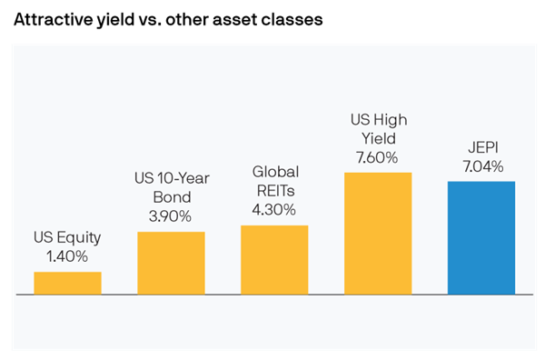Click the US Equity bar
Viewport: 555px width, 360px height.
(67, 283)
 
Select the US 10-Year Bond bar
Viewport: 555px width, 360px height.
(171, 263)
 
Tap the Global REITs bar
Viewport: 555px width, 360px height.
(274, 259)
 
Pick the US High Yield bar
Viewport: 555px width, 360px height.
(378, 233)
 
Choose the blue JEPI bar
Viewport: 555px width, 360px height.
(481, 237)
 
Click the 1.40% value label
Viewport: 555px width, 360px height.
(67, 256)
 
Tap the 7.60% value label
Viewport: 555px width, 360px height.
(378, 156)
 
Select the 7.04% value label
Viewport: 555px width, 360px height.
(481, 166)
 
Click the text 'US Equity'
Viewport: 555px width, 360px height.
(67, 238)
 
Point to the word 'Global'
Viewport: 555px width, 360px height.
(274, 172)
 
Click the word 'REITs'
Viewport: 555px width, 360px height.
(274, 190)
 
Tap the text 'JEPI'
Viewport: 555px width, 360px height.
(481, 148)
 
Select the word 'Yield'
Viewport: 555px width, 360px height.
(378, 138)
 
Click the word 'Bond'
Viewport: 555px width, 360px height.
(171, 198)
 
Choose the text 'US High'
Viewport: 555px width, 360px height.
(378, 120)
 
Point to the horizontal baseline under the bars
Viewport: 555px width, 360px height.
(273, 295)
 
